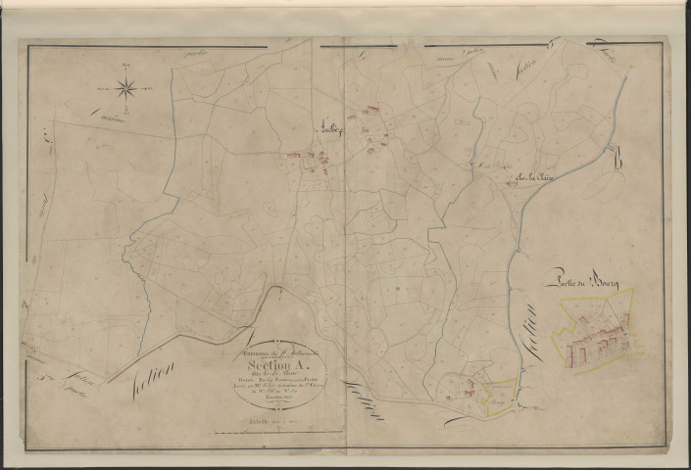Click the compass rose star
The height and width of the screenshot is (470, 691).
[x=126, y=89]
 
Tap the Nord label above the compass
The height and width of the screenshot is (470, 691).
[x=126, y=66]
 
